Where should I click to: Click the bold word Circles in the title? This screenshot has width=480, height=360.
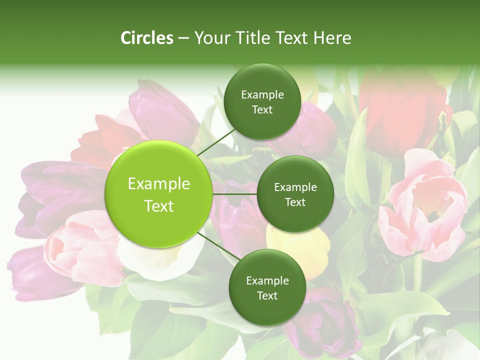(x=146, y=38)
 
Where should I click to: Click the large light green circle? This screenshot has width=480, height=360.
(x=159, y=194)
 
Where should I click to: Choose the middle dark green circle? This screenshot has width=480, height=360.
(x=295, y=194)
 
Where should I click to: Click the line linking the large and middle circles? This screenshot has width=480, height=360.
(x=235, y=194)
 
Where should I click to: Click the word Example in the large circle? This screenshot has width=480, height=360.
(x=159, y=184)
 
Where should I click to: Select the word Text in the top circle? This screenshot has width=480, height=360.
(x=262, y=110)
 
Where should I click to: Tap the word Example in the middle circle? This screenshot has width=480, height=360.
(x=295, y=187)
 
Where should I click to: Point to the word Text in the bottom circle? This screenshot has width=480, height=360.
(x=267, y=295)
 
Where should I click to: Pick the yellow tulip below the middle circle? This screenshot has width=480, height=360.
(x=300, y=250)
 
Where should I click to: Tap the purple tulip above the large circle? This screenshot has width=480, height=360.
(x=162, y=112)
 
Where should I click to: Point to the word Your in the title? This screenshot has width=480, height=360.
(x=210, y=38)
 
